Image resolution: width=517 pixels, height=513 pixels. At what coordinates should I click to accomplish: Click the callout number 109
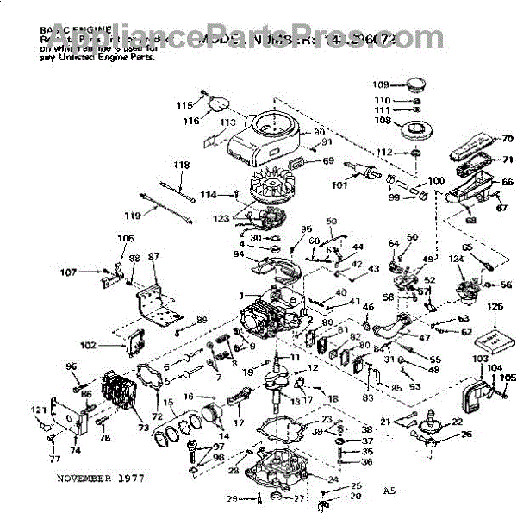pos(382,84)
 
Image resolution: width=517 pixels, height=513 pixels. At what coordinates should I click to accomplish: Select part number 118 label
pos(180,165)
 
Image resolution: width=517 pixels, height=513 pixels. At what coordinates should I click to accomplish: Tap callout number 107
pos(91,273)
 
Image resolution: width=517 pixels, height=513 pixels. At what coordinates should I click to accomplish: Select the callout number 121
pos(39,410)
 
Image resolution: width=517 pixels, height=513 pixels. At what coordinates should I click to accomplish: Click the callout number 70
pos(508,138)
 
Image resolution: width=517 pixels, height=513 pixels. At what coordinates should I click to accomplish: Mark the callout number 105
pos(508,378)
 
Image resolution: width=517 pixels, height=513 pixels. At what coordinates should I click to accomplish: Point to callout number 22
pos(457,421)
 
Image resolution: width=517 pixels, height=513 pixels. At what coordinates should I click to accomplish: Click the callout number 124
pos(454,259)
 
